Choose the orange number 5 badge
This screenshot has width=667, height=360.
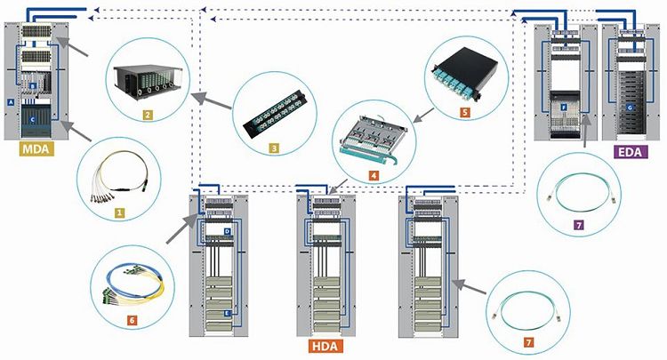(463, 113)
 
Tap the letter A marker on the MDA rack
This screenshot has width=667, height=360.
(10, 102)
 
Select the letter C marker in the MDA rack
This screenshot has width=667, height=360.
(32, 118)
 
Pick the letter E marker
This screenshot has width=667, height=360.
(228, 314)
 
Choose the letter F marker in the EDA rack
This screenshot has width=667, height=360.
(566, 105)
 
